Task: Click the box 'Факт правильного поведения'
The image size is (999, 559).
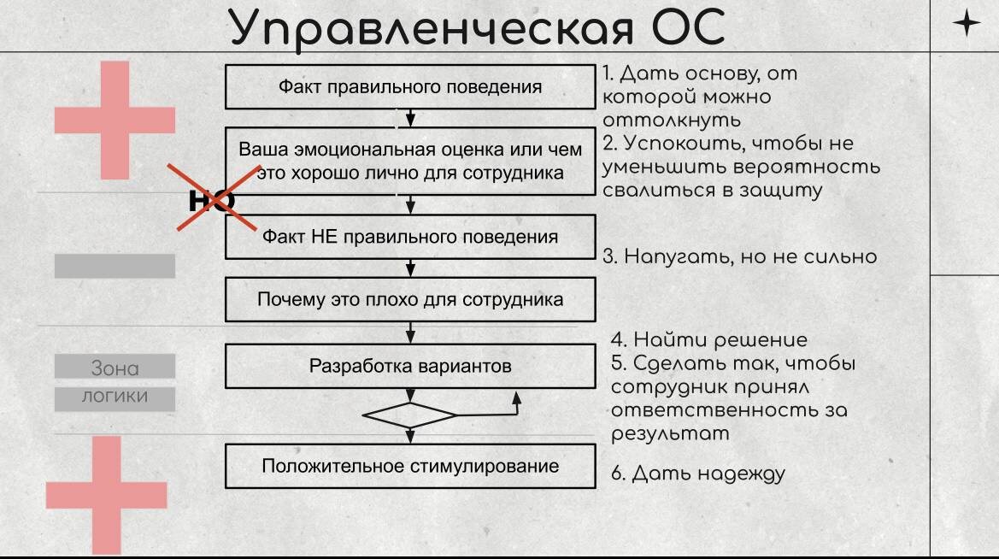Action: click(x=410, y=86)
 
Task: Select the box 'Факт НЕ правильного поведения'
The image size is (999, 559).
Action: click(x=410, y=237)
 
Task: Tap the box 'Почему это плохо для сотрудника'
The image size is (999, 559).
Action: click(x=410, y=300)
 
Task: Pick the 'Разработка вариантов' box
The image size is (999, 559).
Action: click(x=410, y=367)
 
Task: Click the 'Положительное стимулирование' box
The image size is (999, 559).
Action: click(x=410, y=466)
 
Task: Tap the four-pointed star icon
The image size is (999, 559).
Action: click(x=967, y=23)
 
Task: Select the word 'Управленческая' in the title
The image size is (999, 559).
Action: click(x=432, y=27)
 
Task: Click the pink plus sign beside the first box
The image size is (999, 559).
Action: click(x=115, y=120)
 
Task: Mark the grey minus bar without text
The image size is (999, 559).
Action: click(x=115, y=266)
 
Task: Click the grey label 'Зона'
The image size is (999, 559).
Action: click(x=115, y=368)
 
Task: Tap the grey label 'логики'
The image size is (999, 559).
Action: click(x=115, y=397)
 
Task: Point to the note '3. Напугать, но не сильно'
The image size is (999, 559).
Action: click(x=740, y=256)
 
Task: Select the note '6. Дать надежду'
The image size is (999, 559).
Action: click(x=697, y=474)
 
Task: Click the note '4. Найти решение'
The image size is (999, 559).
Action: click(x=708, y=340)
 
